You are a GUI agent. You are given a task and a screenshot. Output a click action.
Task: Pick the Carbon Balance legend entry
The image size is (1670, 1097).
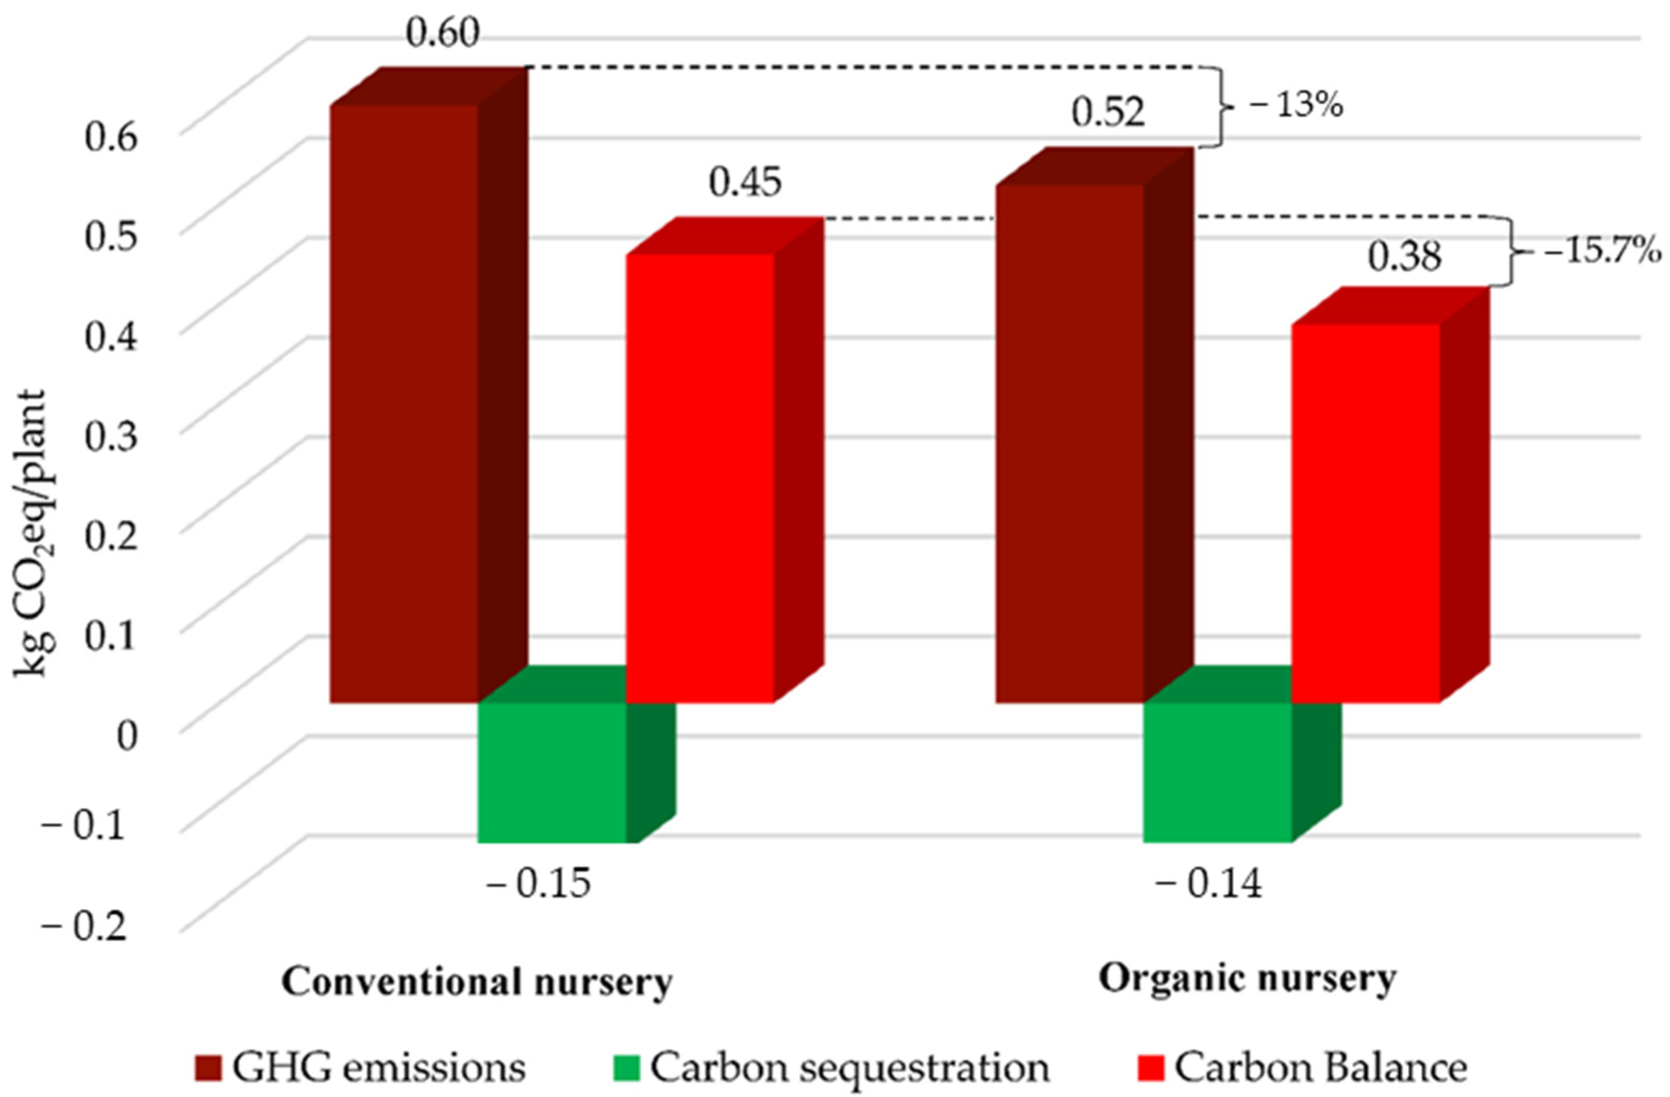pyautogui.click(x=1305, y=1067)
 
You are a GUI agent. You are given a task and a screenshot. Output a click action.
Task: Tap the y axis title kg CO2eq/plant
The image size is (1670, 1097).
pyautogui.click(x=32, y=533)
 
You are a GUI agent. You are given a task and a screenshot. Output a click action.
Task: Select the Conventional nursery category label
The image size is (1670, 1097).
pyautogui.click(x=477, y=982)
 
